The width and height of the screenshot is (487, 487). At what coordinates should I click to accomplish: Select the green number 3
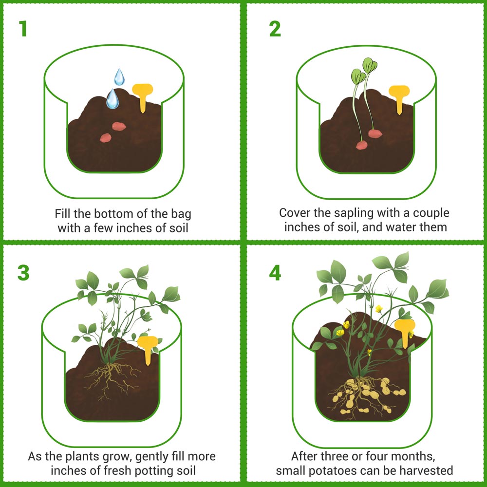pos(23,273)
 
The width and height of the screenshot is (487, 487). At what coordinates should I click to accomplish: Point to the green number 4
pos(275,273)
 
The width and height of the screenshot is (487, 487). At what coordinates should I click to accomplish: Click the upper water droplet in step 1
pos(119,77)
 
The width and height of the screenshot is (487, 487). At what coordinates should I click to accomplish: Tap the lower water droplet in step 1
pos(112,99)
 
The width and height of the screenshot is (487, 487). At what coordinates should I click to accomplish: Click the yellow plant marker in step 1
pos(143,95)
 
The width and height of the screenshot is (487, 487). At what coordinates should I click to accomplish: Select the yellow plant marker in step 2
pos(399,96)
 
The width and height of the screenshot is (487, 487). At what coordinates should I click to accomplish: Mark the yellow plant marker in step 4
pos(404,330)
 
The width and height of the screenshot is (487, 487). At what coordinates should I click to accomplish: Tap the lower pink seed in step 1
pos(106,138)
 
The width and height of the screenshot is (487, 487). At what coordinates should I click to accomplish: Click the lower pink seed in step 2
pos(361,145)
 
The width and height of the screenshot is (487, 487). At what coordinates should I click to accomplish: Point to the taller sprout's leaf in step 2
pos(371,64)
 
